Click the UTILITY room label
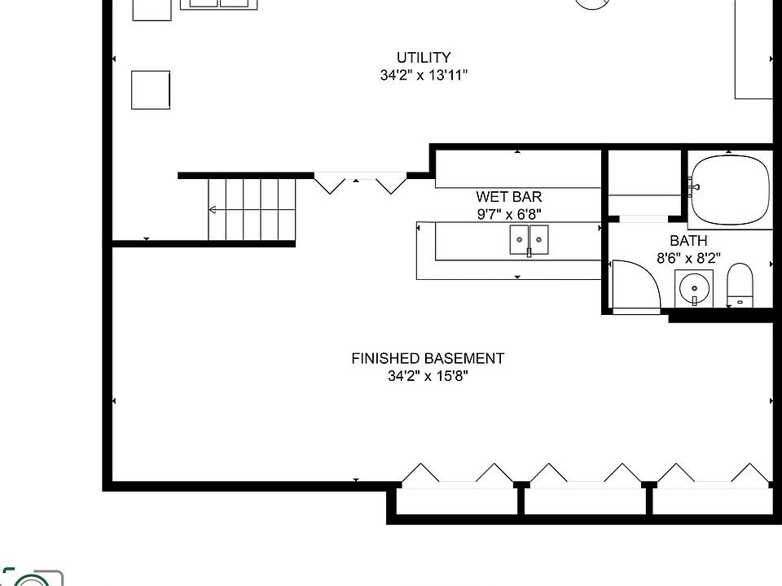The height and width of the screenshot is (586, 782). [423, 58]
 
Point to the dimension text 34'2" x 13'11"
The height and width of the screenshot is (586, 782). [423, 76]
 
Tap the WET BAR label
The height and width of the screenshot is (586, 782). [508, 197]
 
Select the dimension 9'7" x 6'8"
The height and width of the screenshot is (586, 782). [508, 214]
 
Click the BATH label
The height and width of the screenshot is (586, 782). [688, 241]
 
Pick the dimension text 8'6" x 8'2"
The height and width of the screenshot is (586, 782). [688, 258]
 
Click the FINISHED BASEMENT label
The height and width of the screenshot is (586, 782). [428, 358]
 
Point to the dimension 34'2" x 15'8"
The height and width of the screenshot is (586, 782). [428, 376]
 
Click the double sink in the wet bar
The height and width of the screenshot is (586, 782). [529, 240]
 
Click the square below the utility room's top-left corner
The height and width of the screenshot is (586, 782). [151, 90]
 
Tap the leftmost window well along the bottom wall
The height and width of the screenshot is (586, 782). [457, 499]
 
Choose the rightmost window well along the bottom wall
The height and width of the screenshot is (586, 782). [713, 499]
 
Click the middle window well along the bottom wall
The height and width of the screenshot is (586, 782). [585, 499]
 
